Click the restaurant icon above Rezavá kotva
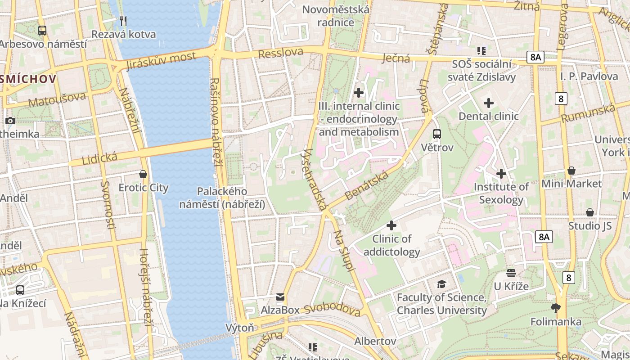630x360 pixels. (x=123, y=21)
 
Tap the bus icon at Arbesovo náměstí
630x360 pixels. (x=42, y=31)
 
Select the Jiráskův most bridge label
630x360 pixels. (x=161, y=61)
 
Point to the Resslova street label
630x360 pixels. (x=281, y=53)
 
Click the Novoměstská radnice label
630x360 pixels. (x=336, y=16)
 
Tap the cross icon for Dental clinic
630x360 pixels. (x=489, y=103)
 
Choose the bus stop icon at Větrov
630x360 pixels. (x=437, y=134)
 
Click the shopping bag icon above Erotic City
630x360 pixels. (x=143, y=174)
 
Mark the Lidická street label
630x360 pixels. (x=99, y=158)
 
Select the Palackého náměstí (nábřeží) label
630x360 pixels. (x=222, y=198)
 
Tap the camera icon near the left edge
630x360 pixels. (x=10, y=121)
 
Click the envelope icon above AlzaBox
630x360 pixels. (x=280, y=297)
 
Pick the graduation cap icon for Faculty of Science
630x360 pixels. (x=441, y=284)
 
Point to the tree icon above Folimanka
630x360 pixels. (x=556, y=308)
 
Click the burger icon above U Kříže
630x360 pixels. (x=511, y=273)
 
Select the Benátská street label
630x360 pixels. (x=366, y=185)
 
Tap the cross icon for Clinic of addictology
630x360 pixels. (x=391, y=225)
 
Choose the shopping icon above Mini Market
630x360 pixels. (x=571, y=171)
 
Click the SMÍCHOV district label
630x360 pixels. (x=28, y=79)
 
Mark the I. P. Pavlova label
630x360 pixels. (x=589, y=76)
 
